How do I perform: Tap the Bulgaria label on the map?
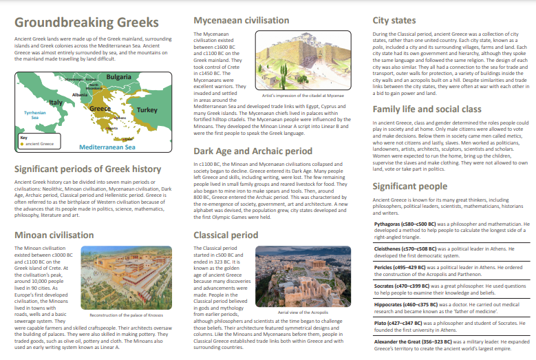point(119,76)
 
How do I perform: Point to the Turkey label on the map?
point(147,109)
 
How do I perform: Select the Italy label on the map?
point(56,102)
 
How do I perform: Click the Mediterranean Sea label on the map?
point(107,147)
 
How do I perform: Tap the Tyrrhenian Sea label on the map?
point(34,115)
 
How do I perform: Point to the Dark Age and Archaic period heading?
point(253,151)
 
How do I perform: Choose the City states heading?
point(394,21)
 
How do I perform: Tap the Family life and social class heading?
point(436,109)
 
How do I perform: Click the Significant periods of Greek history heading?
point(87,169)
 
